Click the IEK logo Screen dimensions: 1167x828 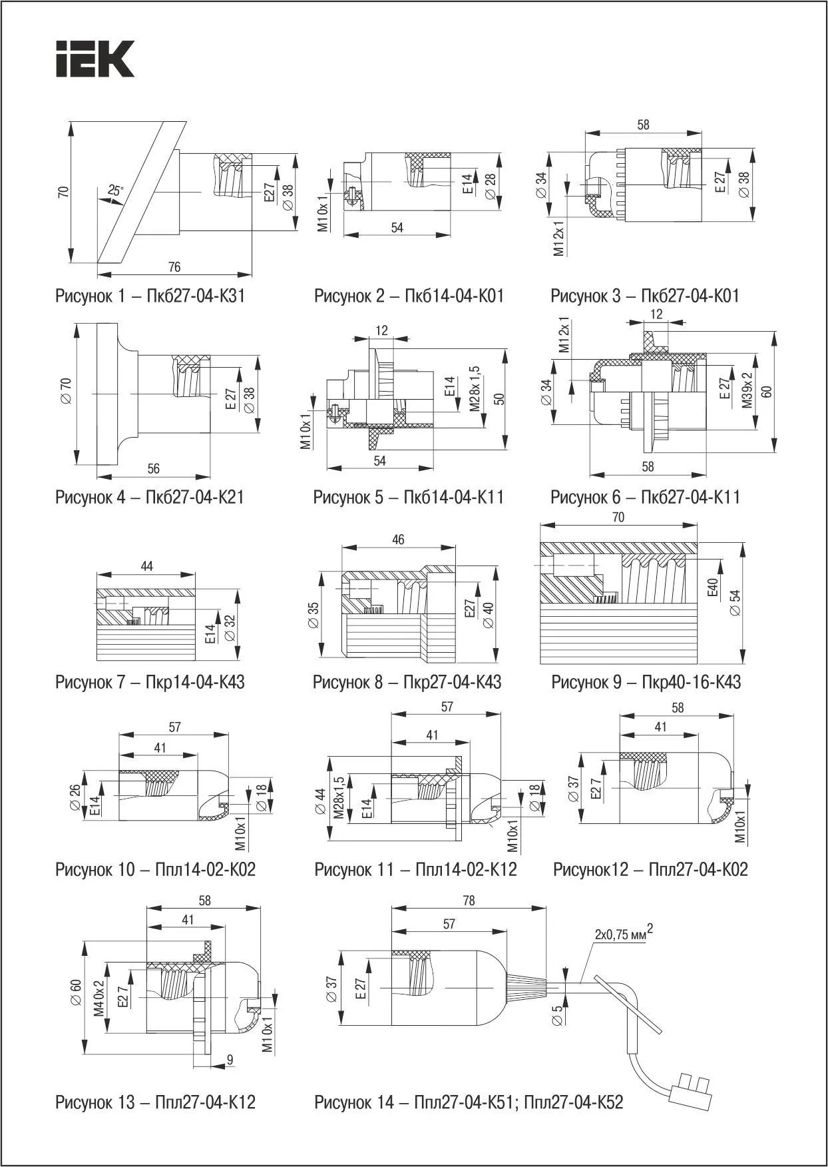95,59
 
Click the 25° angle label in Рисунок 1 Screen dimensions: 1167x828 116,191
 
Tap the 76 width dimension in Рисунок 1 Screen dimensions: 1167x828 174,267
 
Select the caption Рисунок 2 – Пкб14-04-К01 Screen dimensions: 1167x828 409,296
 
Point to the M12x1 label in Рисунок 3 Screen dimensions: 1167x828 559,239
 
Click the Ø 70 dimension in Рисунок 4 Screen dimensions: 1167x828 67,394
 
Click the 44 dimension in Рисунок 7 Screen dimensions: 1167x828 147,566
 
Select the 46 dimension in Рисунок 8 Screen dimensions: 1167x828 398,539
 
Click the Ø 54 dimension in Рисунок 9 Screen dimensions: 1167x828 735,603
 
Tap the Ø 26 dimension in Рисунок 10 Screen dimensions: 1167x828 75,797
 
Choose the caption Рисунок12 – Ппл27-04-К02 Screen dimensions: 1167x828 650,869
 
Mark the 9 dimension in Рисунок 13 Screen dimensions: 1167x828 230,1058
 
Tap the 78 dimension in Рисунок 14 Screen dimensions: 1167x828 469,900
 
